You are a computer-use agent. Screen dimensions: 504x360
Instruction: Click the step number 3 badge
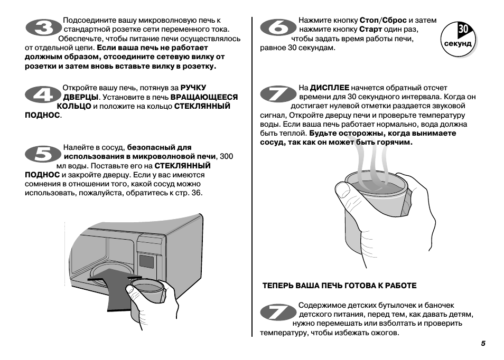point(44,27)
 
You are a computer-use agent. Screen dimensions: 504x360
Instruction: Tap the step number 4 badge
point(43,94)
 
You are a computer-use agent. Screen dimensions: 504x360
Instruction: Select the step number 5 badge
point(43,154)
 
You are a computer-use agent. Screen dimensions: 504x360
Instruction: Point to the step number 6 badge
point(278,27)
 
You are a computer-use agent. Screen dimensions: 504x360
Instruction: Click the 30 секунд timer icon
point(459,40)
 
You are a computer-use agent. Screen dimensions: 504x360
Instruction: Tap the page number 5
point(483,343)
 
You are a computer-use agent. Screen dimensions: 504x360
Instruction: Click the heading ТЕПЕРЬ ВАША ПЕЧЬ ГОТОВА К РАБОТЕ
point(339,286)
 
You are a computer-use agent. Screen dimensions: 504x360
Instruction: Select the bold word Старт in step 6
point(371,29)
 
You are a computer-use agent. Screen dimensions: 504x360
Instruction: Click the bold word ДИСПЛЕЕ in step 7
point(330,88)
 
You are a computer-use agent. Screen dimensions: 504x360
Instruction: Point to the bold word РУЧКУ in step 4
point(193,88)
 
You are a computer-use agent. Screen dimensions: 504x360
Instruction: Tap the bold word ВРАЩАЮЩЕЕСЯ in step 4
point(204,97)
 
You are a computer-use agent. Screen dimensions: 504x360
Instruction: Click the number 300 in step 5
point(226,156)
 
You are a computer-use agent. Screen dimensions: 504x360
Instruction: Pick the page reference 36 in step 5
point(196,193)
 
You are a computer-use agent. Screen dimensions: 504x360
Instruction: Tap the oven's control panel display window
point(146,262)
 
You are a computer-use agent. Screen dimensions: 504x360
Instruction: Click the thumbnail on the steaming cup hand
point(343,190)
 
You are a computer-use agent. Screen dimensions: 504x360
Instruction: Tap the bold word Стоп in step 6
point(369,20)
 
